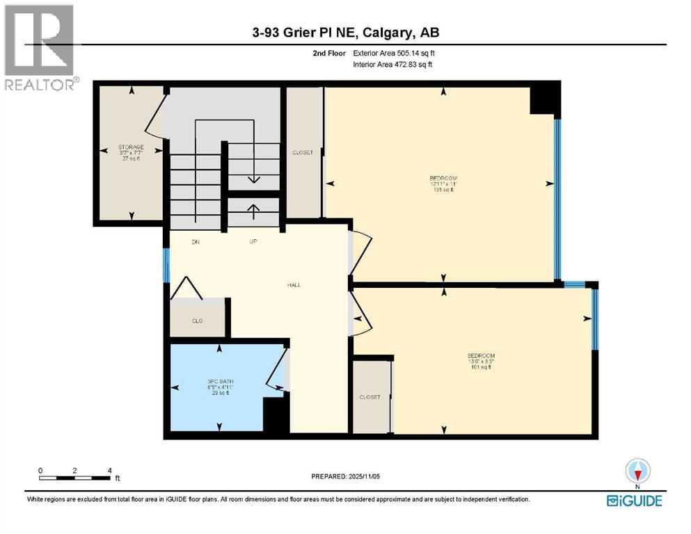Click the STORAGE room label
coord(131,147)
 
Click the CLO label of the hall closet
coord(197,321)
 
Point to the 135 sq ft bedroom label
coord(443,183)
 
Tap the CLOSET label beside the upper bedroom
coord(303,152)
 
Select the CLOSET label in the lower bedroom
coord(370,397)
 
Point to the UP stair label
coord(254,242)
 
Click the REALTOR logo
coord(40,47)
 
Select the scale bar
coord(75,478)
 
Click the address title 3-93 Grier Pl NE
coord(345,32)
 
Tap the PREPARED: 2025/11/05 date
coord(345,476)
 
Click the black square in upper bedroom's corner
coord(545,98)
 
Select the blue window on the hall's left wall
coord(166,265)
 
